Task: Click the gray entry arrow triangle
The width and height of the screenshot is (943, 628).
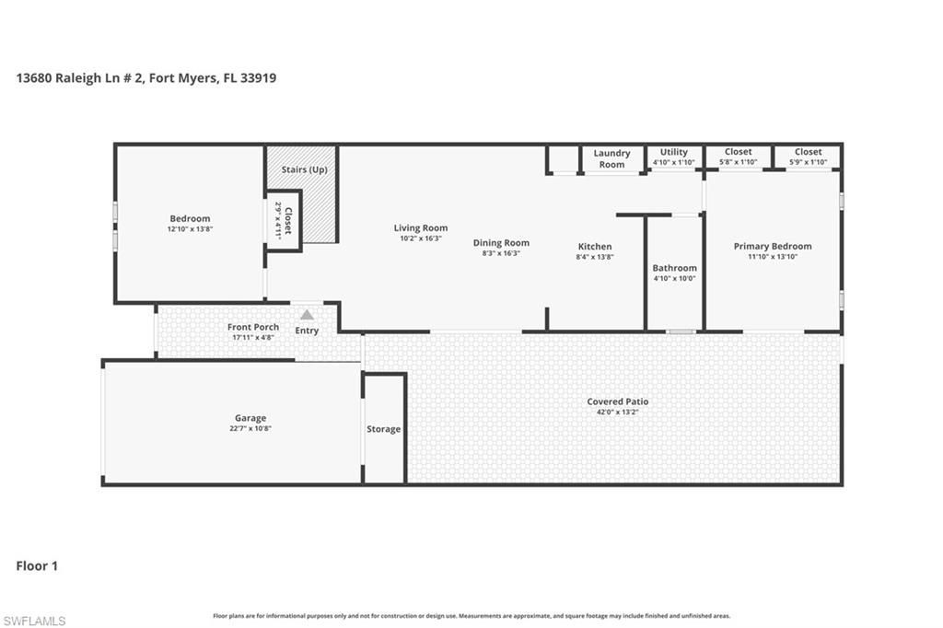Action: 307,315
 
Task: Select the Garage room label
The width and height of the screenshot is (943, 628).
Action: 250,418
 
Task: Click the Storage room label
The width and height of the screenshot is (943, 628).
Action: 384,429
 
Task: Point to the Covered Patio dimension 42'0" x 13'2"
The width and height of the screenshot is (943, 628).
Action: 618,413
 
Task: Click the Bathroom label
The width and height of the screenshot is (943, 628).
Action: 674,268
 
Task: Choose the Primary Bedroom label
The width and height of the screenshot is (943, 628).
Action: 773,246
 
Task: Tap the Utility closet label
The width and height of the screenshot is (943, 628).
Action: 674,152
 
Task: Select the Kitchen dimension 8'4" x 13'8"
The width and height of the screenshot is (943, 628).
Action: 595,258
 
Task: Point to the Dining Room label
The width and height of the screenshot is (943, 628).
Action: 501,242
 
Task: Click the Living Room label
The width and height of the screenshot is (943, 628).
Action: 421,227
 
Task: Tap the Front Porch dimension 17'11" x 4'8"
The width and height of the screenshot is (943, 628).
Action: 253,338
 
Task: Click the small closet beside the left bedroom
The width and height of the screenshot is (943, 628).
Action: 284,220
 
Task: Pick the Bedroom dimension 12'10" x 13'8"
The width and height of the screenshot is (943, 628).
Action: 190,229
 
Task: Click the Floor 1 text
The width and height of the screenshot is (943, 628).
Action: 37,566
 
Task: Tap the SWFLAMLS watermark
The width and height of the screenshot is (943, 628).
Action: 34,621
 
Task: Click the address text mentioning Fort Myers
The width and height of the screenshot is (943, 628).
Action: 146,78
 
